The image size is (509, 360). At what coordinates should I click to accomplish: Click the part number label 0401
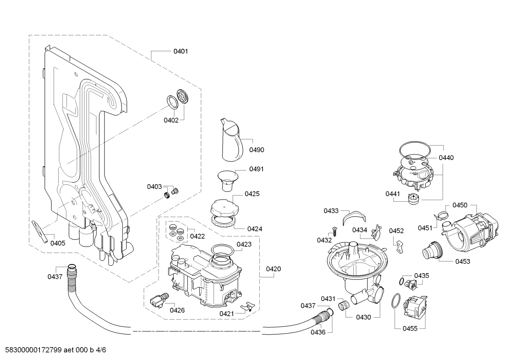180,51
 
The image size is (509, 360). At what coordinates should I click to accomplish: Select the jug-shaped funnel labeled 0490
231,139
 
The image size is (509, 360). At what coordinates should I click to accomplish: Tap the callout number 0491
256,169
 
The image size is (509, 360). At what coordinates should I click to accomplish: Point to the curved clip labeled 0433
353,216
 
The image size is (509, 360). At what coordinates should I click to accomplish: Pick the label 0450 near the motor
460,205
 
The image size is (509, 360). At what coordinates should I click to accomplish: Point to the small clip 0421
248,306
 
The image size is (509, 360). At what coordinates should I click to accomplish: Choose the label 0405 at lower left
58,243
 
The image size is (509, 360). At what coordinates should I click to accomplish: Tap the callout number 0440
446,158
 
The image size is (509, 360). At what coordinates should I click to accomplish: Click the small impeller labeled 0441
412,199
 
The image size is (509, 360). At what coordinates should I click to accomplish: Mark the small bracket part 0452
399,246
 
